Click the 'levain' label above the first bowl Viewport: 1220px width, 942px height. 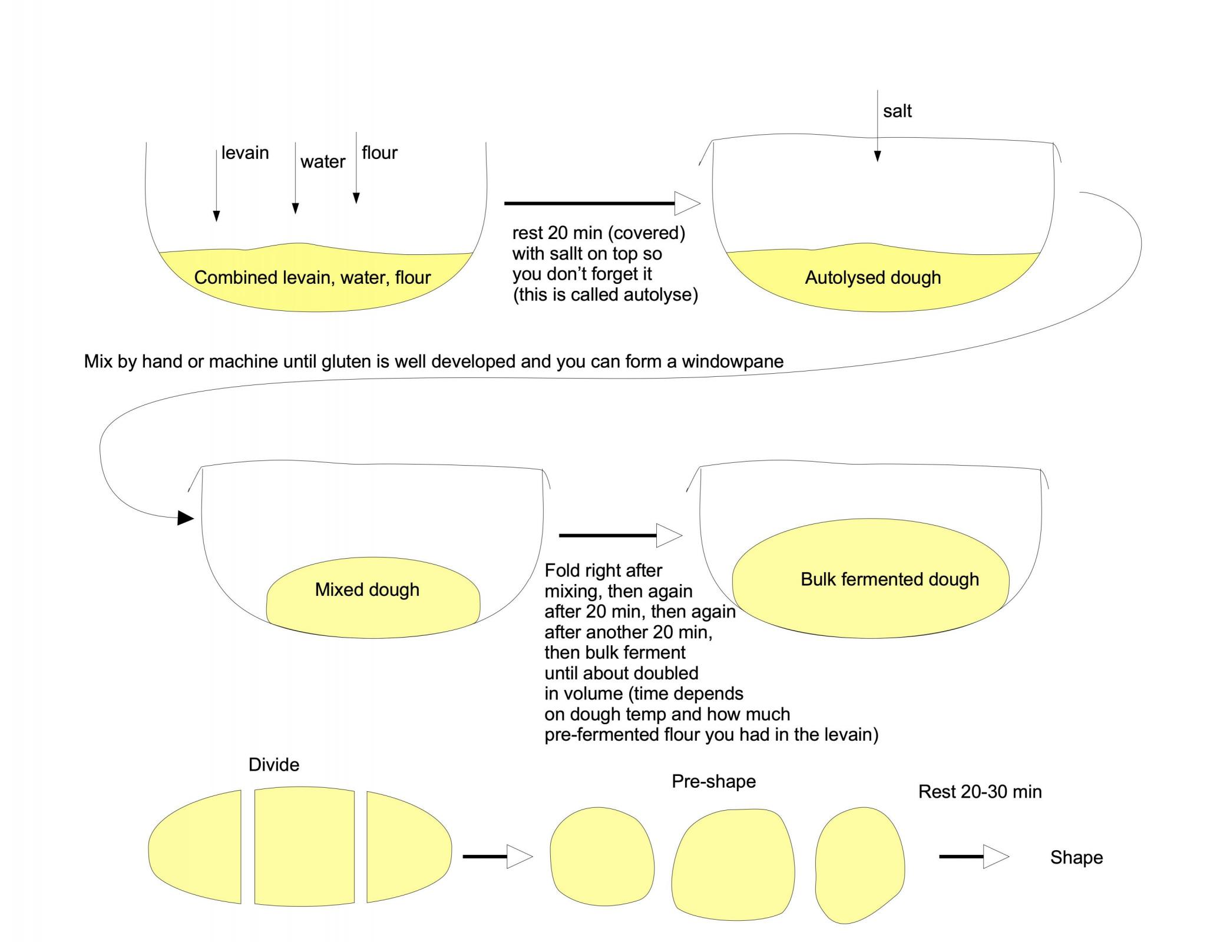245,153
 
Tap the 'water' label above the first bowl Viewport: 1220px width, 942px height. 323,162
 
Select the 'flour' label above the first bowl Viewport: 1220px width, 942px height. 379,153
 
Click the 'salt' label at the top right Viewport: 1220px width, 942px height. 897,111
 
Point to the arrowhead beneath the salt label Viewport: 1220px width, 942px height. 878,156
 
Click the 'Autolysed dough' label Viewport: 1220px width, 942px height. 872,278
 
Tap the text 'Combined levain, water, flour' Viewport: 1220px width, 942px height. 312,278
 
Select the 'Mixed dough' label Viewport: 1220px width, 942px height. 367,590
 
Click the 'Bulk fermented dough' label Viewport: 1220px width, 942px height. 890,579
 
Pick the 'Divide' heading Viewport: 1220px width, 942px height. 274,765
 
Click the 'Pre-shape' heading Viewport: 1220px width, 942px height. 713,781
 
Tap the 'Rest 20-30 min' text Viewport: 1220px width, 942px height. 980,792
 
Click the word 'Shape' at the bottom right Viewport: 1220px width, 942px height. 1076,857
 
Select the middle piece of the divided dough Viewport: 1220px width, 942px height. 305,846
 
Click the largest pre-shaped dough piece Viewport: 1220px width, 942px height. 733,864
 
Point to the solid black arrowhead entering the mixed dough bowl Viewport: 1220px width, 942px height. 186,518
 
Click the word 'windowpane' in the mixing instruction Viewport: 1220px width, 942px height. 733,361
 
